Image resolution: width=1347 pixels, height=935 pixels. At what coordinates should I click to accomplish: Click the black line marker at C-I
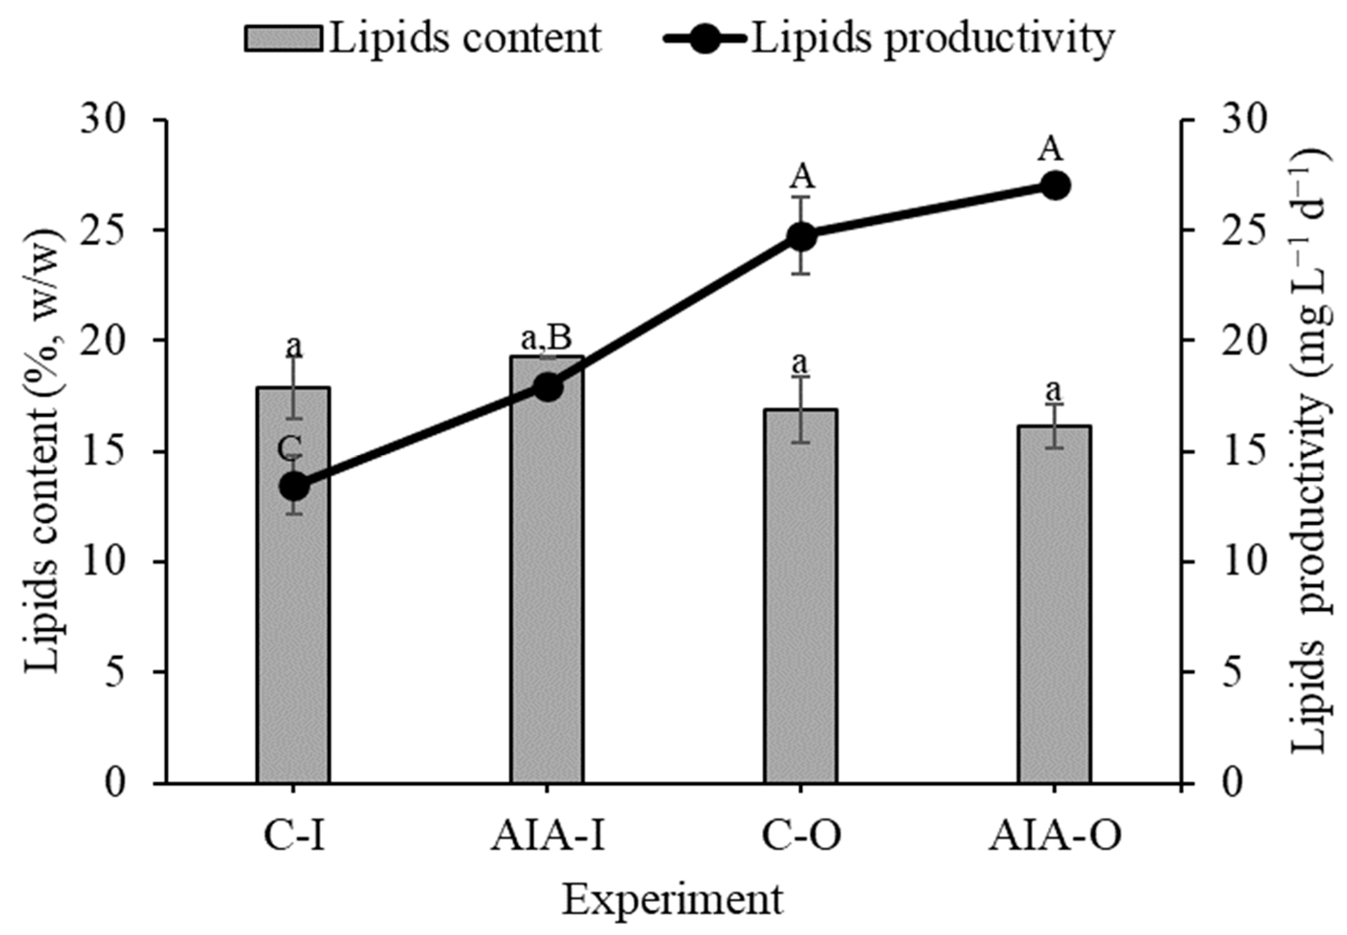point(293,486)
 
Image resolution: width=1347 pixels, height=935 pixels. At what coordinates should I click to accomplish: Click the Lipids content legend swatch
point(284,39)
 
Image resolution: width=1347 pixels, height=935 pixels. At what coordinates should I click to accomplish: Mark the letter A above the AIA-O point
point(1050,149)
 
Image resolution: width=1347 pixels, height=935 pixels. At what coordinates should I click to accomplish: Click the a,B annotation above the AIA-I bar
point(545,339)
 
